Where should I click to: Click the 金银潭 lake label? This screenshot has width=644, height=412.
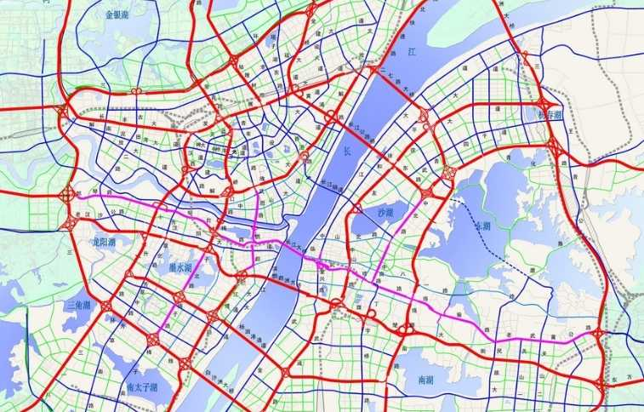pyautogui.click(x=119, y=14)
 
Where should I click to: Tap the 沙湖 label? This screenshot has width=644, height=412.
pyautogui.click(x=385, y=211)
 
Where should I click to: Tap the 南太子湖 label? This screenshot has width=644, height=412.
pyautogui.click(x=140, y=386)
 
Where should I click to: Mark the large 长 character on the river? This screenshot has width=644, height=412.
pyautogui.click(x=345, y=151)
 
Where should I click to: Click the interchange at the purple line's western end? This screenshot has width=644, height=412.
pyautogui.click(x=67, y=195)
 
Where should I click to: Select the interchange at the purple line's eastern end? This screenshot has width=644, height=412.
pyautogui.click(x=598, y=334)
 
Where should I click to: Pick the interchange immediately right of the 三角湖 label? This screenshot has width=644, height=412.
pyautogui.click(x=106, y=305)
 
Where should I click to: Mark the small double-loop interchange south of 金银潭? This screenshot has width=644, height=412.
pyautogui.click(x=136, y=90)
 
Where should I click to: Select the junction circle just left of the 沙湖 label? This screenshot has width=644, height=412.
pyautogui.click(x=356, y=209)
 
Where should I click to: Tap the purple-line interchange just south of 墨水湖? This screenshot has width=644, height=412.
pyautogui.click(x=180, y=297)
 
